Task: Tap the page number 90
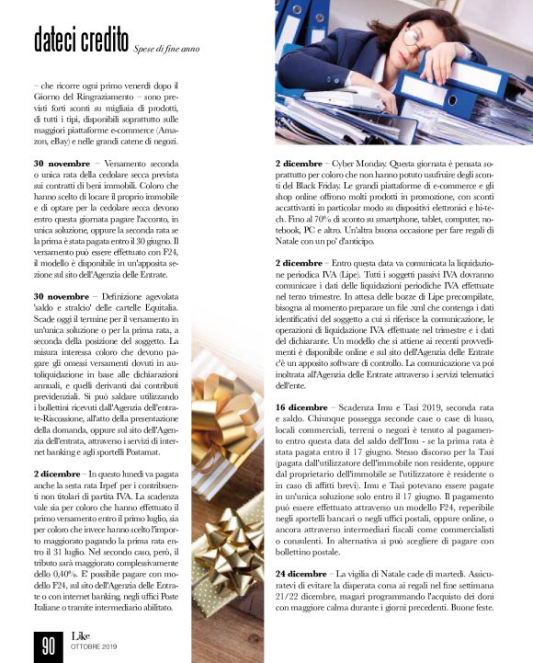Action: pyautogui.click(x=47, y=643)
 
